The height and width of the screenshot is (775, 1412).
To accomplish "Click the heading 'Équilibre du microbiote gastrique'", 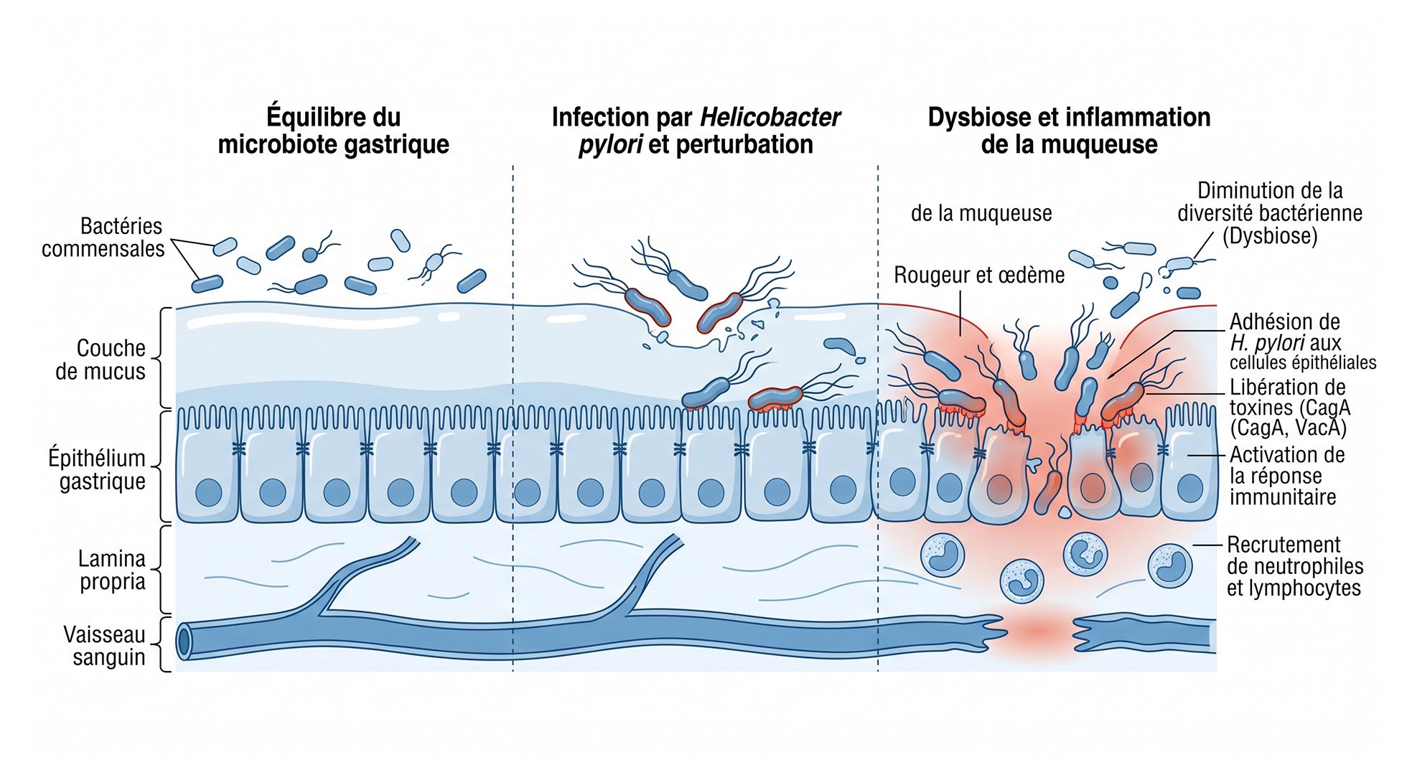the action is [x=333, y=131].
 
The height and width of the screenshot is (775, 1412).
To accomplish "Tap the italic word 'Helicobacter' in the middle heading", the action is [x=770, y=118].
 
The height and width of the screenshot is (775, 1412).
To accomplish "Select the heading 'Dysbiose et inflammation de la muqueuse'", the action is [x=1069, y=131].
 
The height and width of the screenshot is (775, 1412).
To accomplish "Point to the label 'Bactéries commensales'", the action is [x=103, y=238].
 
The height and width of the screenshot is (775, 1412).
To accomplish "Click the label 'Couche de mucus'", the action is [x=100, y=360].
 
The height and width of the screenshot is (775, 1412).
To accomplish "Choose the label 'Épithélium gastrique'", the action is [x=97, y=469].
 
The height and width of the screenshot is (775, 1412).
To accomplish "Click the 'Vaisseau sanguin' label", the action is [x=105, y=646].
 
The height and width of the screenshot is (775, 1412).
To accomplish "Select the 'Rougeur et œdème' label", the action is [x=979, y=275].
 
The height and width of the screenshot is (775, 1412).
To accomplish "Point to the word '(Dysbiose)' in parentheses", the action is [x=1270, y=236].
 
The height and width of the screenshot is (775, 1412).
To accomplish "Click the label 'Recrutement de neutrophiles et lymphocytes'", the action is [x=1295, y=566].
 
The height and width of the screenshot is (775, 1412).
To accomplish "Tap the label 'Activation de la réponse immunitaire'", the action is [x=1287, y=476].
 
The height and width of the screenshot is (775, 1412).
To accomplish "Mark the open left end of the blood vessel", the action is [x=184, y=641].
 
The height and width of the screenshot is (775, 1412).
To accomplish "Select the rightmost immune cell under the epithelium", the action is [x=1170, y=565].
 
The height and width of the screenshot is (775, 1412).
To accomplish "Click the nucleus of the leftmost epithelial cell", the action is [x=209, y=492].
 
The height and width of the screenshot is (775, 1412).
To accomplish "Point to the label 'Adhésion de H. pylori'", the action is [x=1285, y=332].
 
